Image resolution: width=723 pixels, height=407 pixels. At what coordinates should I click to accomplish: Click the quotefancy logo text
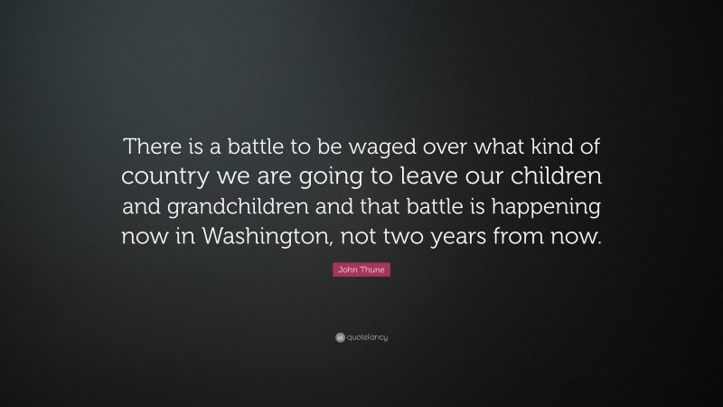(367, 337)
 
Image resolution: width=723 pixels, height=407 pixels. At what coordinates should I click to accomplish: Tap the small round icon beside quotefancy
(341, 337)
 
